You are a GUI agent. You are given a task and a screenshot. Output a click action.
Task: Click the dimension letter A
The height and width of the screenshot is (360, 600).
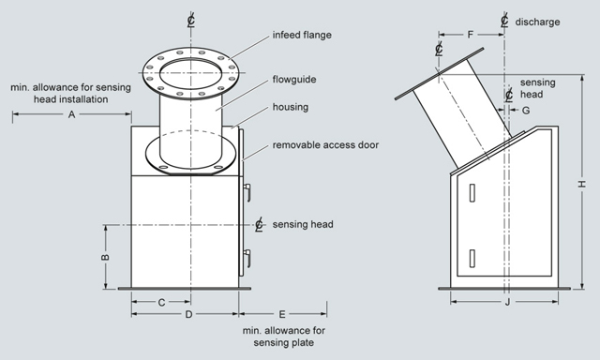71,114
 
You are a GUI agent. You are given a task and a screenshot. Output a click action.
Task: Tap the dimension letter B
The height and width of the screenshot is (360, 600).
105,257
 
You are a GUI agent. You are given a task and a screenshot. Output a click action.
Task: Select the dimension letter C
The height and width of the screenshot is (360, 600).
161,303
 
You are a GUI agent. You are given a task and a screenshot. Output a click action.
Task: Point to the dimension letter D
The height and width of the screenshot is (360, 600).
188,314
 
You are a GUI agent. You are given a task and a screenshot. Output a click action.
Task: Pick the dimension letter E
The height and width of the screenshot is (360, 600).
282,314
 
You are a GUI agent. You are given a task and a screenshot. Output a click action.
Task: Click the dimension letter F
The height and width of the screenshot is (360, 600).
471,35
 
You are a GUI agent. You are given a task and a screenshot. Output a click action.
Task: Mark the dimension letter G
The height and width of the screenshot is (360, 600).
526,111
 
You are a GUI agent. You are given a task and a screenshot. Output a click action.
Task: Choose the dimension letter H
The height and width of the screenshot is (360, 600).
582,184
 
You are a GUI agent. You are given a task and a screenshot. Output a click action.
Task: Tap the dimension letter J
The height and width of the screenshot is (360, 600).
508,302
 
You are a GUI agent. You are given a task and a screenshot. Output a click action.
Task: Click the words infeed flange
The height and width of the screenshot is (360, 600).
302,35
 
